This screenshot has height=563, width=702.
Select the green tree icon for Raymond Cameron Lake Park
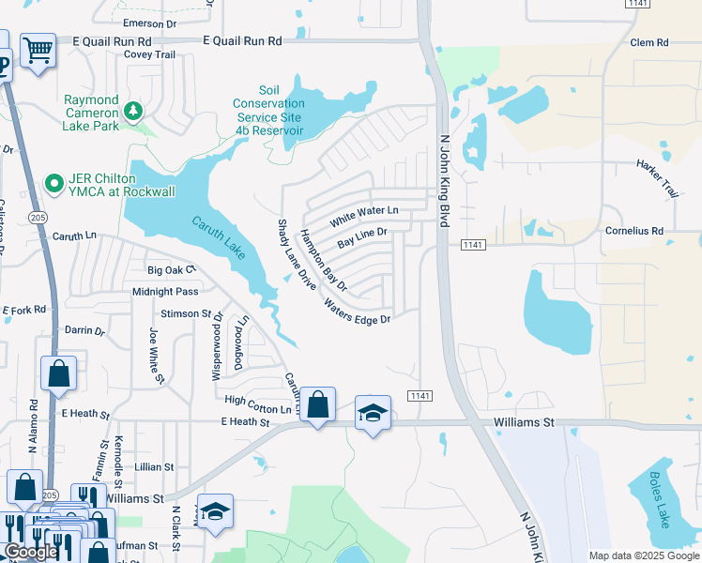133,112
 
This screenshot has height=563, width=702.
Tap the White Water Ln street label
363,216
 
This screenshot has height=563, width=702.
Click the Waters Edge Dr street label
356,312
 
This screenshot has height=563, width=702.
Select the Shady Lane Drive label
297,254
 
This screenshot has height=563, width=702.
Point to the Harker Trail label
656,177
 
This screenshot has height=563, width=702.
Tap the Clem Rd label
649,43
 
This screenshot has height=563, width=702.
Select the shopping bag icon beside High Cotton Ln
318,405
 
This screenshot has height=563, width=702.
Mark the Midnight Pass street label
165,292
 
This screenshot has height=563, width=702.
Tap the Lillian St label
154,466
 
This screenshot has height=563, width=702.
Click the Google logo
31,553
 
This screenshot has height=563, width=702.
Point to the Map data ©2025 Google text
643,555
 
